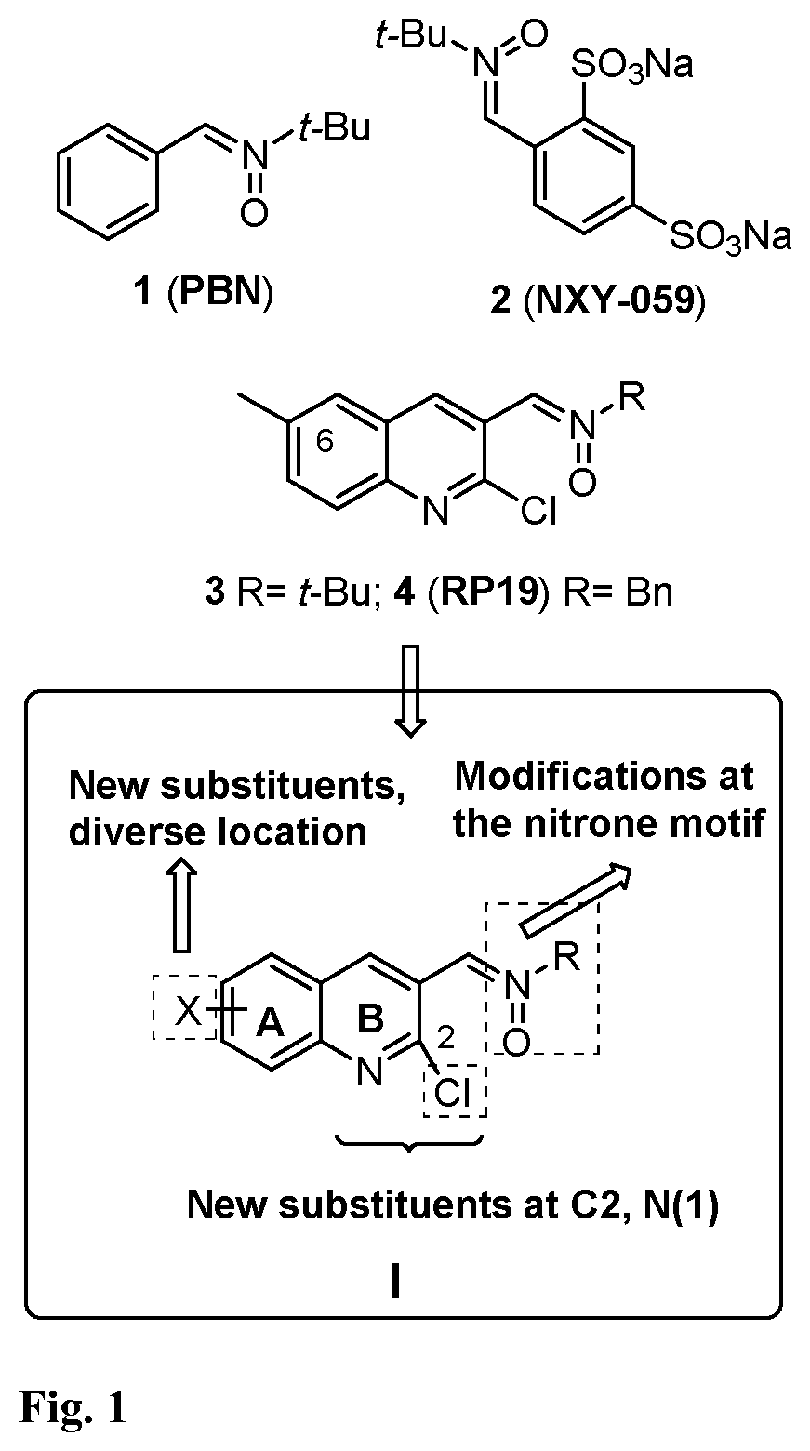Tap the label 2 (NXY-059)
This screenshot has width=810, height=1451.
[597, 300]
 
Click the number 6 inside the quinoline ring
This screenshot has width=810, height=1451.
[325, 442]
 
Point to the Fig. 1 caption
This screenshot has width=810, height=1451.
[73, 1407]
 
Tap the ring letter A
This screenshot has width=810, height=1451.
[271, 1023]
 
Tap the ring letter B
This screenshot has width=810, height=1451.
[370, 1018]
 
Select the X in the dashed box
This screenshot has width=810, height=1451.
[189, 1011]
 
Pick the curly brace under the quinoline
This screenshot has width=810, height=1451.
[409, 1143]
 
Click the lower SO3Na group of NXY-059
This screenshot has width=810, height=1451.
[730, 236]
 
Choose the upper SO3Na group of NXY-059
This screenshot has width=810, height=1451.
[632, 65]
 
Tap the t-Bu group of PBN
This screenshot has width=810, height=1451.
[335, 126]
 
